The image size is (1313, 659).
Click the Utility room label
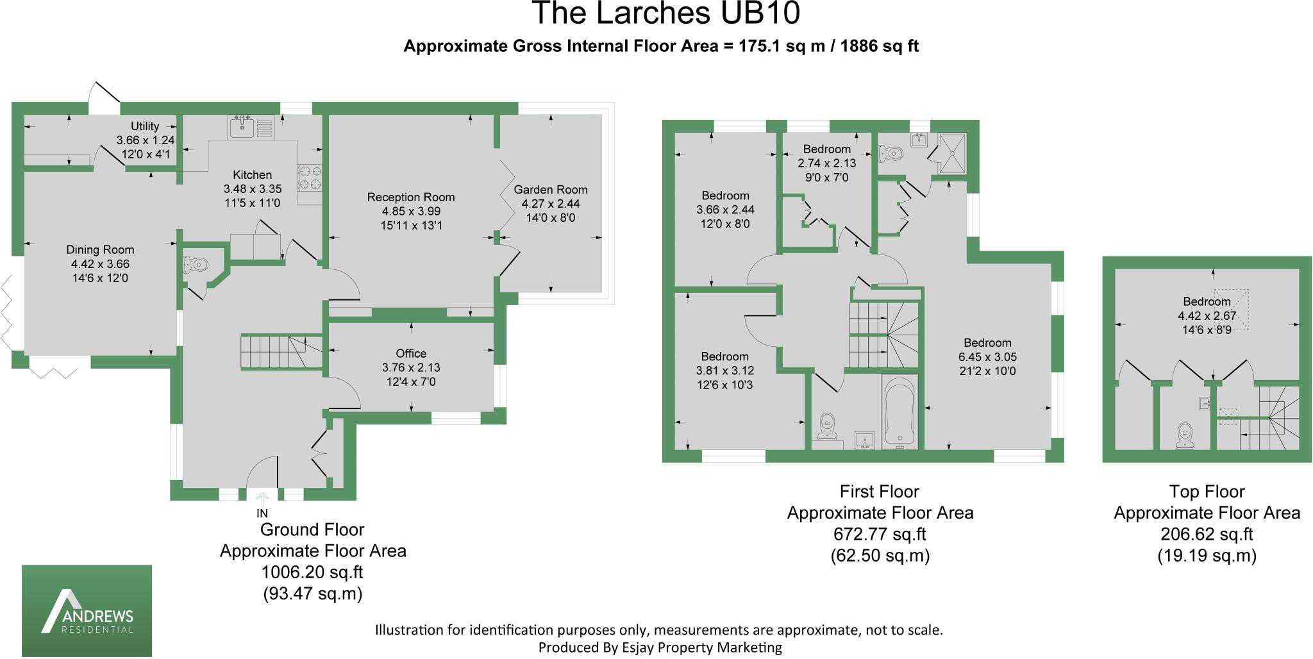tap(145, 126)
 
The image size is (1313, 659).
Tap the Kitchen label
tap(252, 175)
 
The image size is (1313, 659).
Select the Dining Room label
tap(100, 250)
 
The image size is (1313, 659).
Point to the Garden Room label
tap(551, 190)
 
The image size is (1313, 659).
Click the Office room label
tap(411, 354)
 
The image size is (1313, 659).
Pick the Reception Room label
tap(411, 197)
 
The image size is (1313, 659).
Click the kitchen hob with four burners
tap(310, 178)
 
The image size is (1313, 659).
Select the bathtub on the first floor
tap(900, 412)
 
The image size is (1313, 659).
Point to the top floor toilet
tap(1183, 435)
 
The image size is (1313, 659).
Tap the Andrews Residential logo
tap(87, 610)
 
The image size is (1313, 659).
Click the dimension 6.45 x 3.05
tap(987, 357)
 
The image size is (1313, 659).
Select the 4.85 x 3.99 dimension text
tap(411, 212)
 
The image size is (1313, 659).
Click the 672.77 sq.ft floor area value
tap(880, 534)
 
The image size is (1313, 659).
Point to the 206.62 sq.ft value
tap(1207, 534)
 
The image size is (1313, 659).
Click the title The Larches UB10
tap(665, 14)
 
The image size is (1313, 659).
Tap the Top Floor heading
tap(1207, 492)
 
